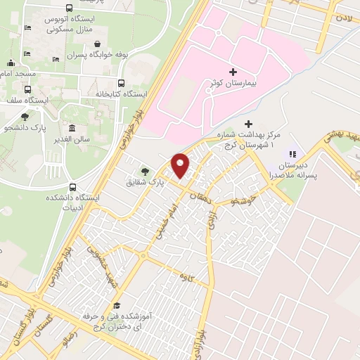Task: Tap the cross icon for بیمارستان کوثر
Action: [233, 72]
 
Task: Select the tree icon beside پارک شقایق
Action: [145, 169]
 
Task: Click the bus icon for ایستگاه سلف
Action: [28, 89]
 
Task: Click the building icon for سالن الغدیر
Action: [72, 128]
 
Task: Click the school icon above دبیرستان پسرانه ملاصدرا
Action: [293, 153]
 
